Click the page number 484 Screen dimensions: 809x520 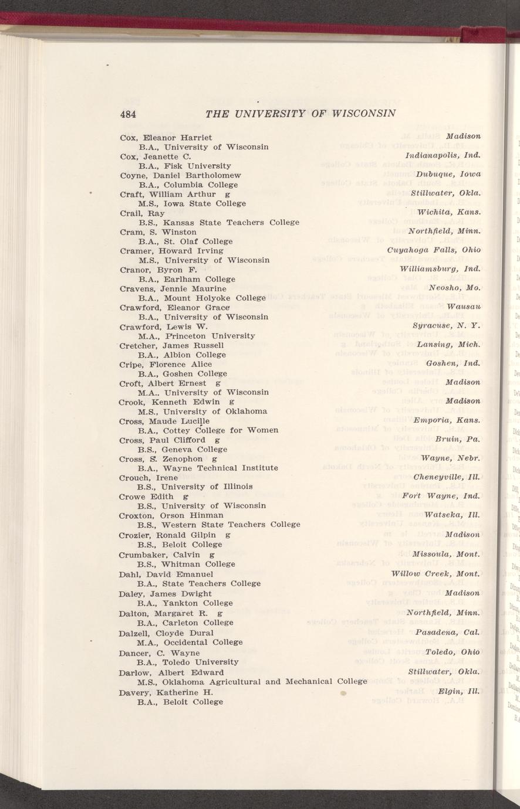(128, 114)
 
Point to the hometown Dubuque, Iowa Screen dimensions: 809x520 (448, 174)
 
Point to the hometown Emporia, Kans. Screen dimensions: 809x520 (447, 420)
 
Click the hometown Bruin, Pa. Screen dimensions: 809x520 (458, 439)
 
